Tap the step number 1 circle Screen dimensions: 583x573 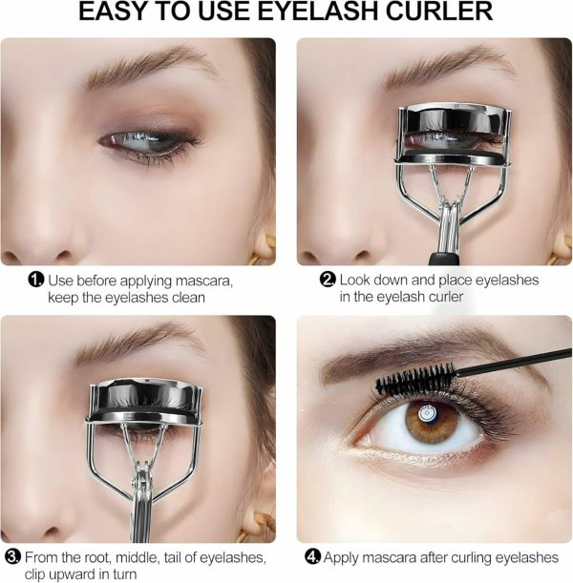coord(35,281)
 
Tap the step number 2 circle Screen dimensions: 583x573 coord(327,281)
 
